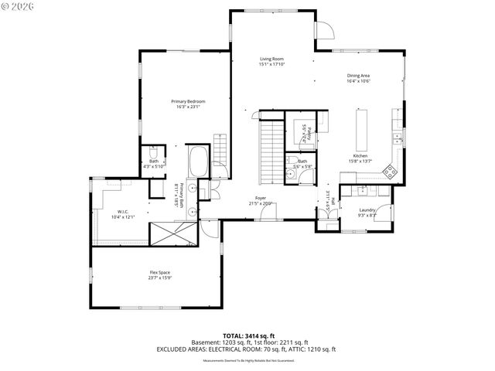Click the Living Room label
[x=271, y=59]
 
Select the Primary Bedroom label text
[x=186, y=100]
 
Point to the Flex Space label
[x=160, y=272]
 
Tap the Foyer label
[x=261, y=198]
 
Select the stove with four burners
[x=391, y=172]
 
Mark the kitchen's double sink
[x=397, y=139]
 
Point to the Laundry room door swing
[x=326, y=216]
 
